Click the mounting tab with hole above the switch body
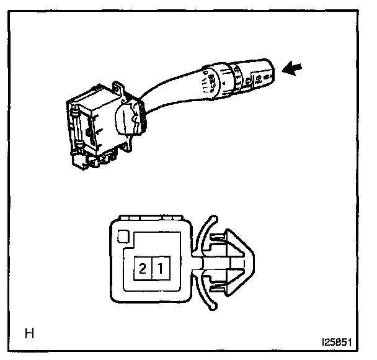[x=118, y=88]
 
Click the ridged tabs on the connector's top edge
[x=149, y=218]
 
